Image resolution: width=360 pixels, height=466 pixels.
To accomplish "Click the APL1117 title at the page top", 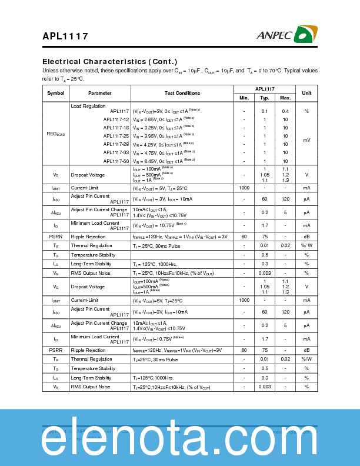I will click(65, 36).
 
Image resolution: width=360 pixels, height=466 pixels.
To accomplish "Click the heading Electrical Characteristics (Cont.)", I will click(109, 62).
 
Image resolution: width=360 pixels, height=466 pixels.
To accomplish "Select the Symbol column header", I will click(56, 93).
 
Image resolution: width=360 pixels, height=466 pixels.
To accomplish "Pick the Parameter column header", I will click(99, 93).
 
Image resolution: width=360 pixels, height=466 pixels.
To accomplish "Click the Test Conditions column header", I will click(182, 93).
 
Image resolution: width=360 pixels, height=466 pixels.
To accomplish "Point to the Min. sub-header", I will click(244, 98).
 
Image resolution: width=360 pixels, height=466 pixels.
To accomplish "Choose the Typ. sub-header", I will click(265, 98).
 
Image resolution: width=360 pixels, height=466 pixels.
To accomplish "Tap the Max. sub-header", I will click(285, 98).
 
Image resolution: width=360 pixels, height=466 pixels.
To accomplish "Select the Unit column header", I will click(306, 93).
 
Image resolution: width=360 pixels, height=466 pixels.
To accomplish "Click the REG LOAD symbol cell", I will click(56, 134).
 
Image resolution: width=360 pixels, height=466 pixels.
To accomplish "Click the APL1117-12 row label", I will click(116, 119).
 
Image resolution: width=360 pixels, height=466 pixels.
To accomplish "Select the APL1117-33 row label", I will click(116, 152).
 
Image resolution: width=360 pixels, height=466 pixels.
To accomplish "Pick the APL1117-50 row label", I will click(116, 161).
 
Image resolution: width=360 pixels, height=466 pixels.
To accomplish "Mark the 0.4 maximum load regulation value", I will click(285, 111).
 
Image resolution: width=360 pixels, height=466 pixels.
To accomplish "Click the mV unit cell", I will click(306, 140).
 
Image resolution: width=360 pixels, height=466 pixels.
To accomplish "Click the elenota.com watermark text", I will click(180, 438).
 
